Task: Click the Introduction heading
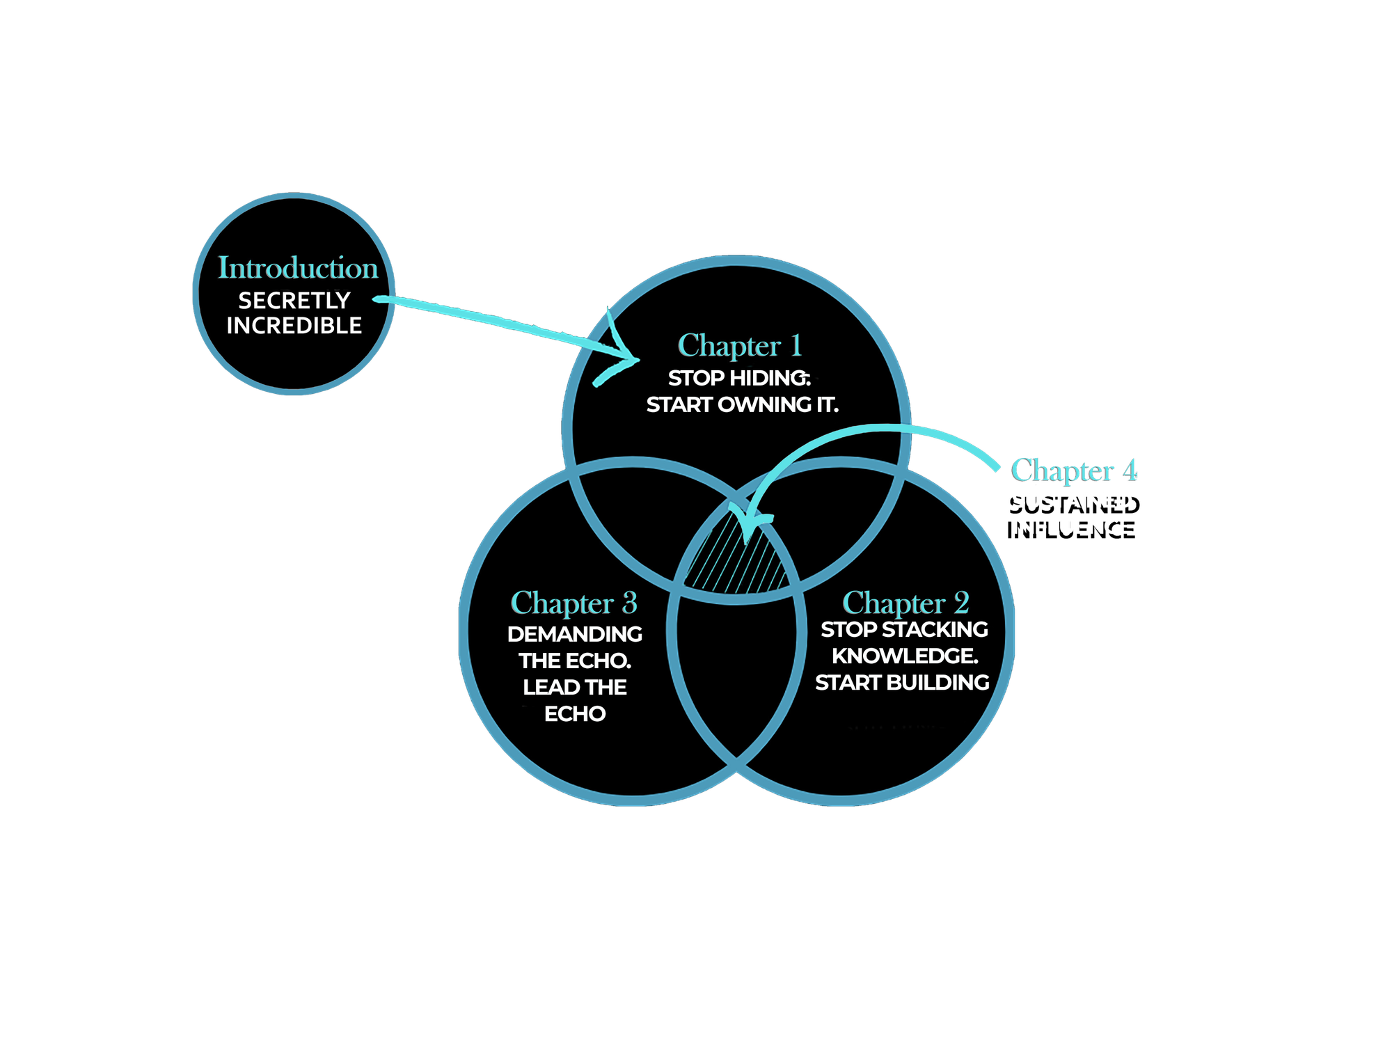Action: (298, 268)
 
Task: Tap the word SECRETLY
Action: (294, 301)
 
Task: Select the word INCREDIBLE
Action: (294, 326)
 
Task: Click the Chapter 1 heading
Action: (740, 346)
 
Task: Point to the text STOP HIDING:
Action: (739, 378)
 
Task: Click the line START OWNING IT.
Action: (742, 404)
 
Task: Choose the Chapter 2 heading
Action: (905, 603)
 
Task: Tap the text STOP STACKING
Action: (904, 630)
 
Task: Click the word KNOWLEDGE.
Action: (905, 656)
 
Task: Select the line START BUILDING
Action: (902, 683)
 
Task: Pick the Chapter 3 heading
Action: (574, 603)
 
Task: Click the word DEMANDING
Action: (575, 634)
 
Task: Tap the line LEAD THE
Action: (575, 688)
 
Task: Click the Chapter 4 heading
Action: (1074, 470)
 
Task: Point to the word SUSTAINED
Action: (1072, 500)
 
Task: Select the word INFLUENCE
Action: (1072, 526)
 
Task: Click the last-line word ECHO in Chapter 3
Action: (575, 714)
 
